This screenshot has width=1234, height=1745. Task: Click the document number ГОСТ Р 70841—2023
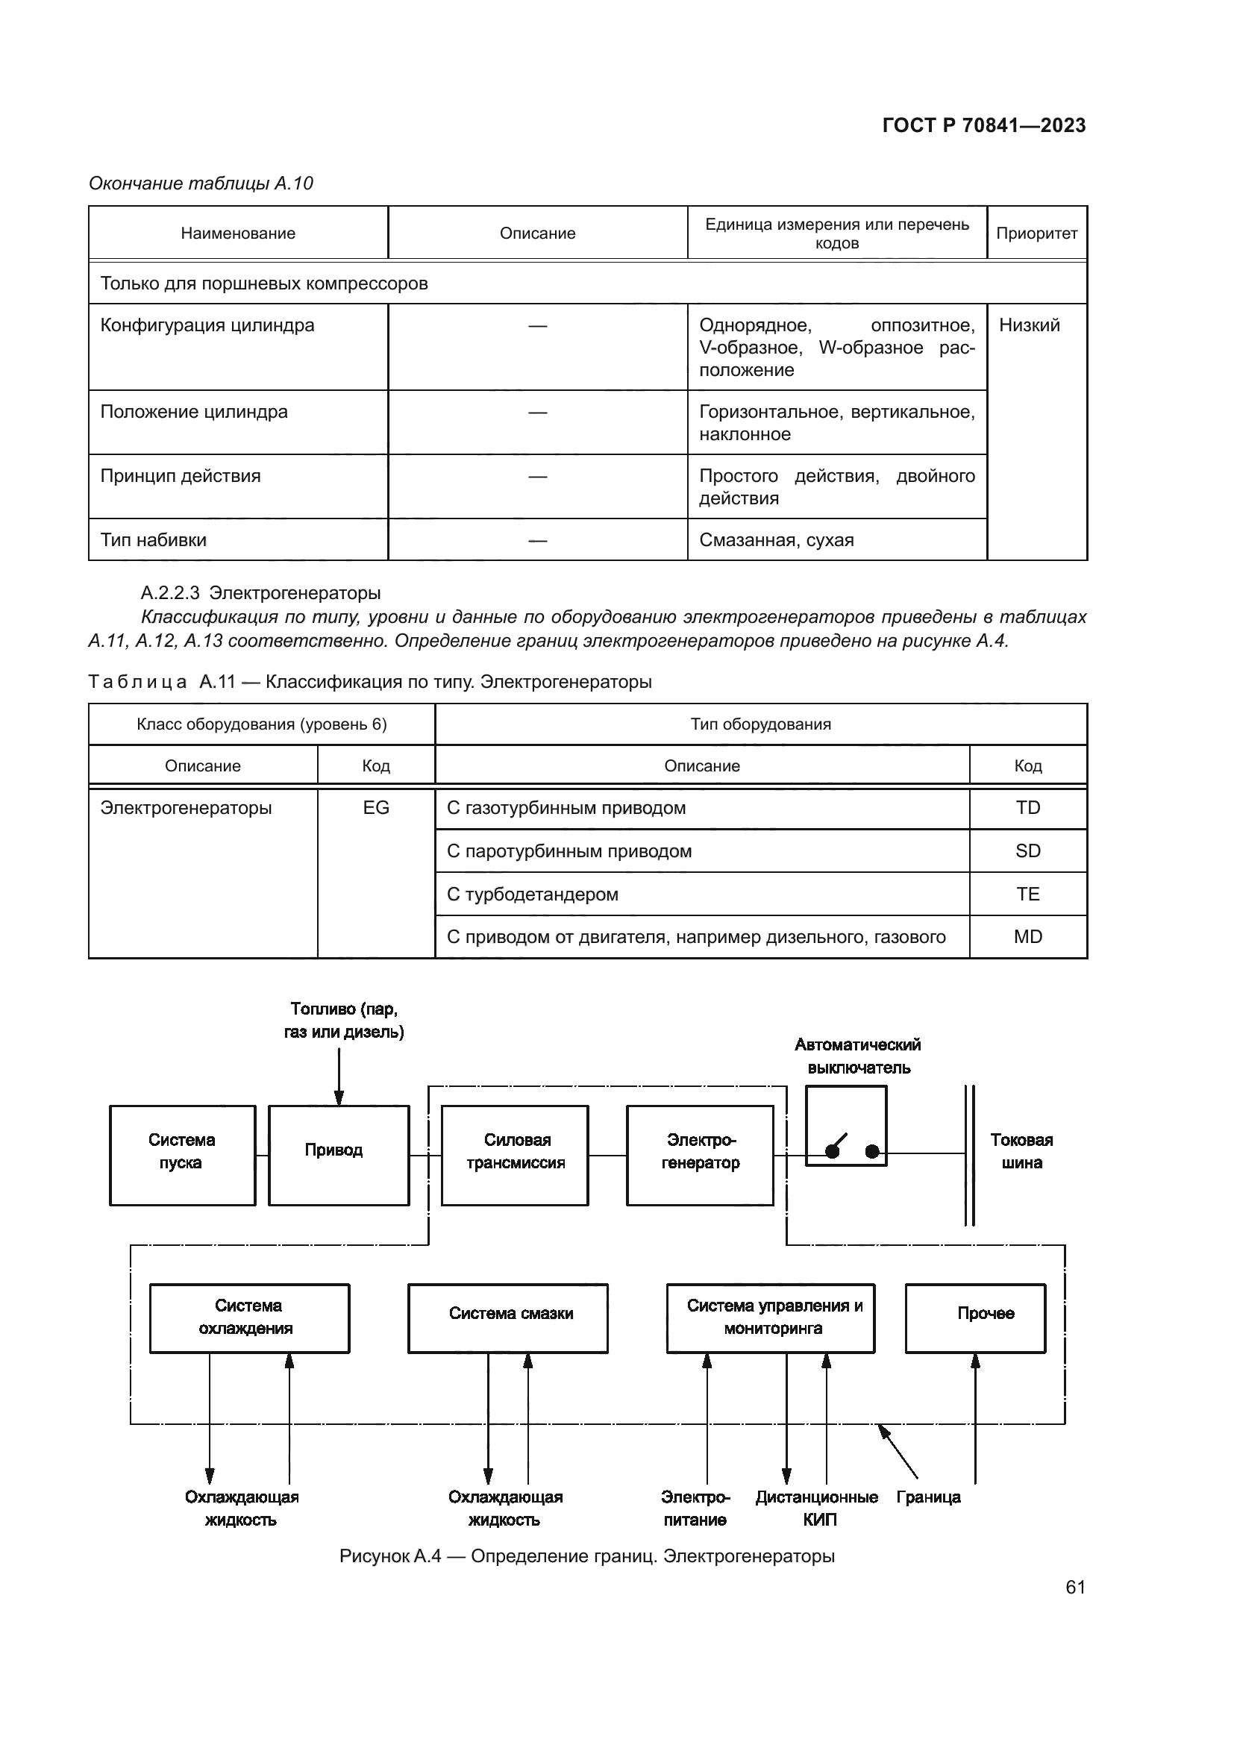point(983,125)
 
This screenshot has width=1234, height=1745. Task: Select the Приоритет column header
point(1036,234)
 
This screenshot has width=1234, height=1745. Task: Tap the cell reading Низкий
point(1029,325)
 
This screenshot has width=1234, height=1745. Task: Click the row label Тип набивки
point(154,539)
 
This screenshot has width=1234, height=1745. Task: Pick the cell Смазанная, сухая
point(776,539)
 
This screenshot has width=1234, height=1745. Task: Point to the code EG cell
point(376,808)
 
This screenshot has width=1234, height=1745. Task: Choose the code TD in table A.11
point(1027,808)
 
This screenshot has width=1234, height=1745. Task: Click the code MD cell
point(1027,936)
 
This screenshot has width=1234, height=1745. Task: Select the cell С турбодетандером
point(533,894)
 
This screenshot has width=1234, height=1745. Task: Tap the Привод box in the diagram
point(339,1154)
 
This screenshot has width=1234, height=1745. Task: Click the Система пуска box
point(182,1154)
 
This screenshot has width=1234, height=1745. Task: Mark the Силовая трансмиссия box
point(516,1154)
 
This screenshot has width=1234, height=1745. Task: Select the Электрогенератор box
point(700,1154)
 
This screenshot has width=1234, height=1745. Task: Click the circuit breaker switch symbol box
point(846,1126)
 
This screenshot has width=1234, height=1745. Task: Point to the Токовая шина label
point(1021,1150)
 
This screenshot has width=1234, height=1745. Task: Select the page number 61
point(1075,1586)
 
